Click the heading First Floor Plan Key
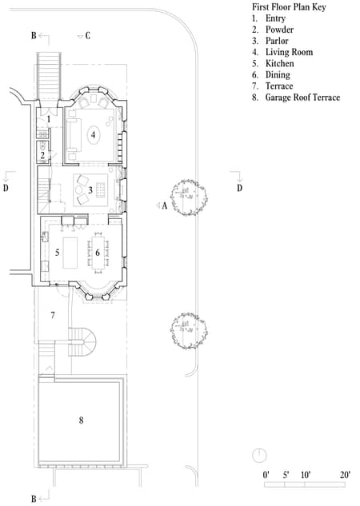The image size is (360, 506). click(x=294, y=6)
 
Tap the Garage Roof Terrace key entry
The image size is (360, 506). click(x=302, y=98)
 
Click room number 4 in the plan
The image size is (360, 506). click(x=94, y=135)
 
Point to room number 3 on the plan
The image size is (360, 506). click(x=91, y=189)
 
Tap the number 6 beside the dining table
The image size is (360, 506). click(x=98, y=253)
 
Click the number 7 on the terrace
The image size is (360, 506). click(x=53, y=316)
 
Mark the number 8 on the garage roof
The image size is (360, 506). click(x=81, y=419)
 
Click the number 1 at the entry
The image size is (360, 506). click(x=49, y=119)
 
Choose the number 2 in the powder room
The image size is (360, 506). click(x=43, y=156)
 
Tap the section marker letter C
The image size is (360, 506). click(x=87, y=36)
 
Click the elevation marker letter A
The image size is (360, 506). click(x=164, y=205)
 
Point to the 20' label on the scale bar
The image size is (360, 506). click(x=345, y=475)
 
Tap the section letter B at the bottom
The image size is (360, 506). click(x=34, y=499)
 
